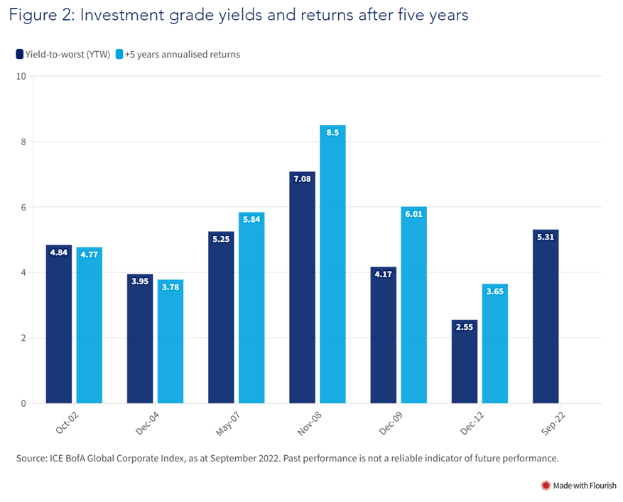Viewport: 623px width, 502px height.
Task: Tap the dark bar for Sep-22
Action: [x=546, y=316]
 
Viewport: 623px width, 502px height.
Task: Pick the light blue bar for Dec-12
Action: [x=495, y=343]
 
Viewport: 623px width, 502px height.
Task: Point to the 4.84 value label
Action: [x=59, y=252]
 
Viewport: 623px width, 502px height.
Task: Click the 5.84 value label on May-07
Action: [x=251, y=220]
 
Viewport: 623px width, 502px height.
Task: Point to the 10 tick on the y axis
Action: [x=21, y=76]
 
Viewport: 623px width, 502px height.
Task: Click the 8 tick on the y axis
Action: [x=23, y=141]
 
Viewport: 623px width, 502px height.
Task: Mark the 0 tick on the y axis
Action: [x=23, y=403]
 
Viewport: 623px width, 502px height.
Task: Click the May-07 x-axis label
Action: [x=227, y=424]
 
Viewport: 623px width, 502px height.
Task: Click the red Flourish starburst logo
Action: [x=546, y=486]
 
